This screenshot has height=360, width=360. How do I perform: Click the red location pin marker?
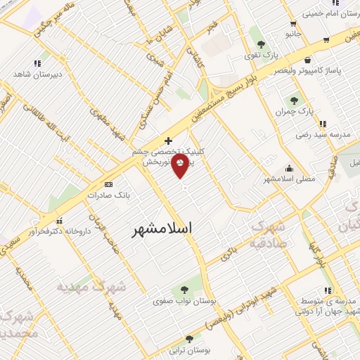180,167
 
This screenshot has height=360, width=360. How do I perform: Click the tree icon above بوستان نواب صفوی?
184,289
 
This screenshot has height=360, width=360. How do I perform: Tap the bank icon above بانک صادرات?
108,184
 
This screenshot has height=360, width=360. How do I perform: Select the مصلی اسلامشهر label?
290,179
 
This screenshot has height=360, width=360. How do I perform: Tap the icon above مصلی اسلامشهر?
290,168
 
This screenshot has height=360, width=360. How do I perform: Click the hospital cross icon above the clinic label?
167,141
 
